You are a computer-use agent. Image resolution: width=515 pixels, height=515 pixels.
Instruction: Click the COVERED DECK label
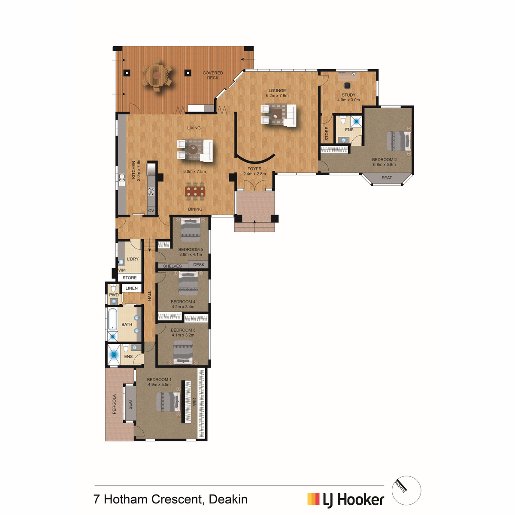click(212, 75)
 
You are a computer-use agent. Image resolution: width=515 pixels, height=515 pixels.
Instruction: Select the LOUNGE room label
click(277, 91)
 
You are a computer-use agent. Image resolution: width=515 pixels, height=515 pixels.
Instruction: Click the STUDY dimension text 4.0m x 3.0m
click(348, 100)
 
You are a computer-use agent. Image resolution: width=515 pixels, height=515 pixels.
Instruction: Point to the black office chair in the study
click(347, 85)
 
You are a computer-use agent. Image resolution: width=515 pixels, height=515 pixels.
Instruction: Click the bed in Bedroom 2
click(398, 141)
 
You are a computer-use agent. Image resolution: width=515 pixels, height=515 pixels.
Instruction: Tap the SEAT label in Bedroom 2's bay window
click(386, 178)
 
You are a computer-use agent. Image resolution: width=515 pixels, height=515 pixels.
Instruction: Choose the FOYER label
click(254, 169)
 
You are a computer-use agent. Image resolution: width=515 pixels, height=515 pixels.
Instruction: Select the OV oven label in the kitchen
click(151, 211)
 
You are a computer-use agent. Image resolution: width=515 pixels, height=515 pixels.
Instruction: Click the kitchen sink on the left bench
click(122, 179)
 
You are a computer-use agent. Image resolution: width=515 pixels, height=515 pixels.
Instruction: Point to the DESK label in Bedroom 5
click(199, 265)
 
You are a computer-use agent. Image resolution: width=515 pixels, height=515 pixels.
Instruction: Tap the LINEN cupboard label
click(131, 288)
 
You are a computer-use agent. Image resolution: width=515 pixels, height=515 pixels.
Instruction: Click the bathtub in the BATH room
click(112, 320)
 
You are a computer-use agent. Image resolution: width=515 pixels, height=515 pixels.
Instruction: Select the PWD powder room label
click(114, 295)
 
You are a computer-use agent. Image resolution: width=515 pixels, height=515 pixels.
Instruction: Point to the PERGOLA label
click(114, 404)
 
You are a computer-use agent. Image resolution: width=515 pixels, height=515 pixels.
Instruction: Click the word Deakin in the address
click(228, 499)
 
